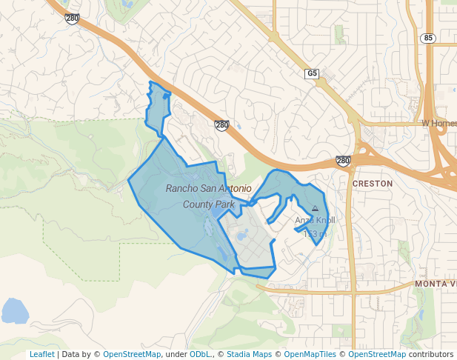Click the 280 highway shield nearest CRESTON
(342, 161)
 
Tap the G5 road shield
(312, 73)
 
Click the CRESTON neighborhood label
(373, 183)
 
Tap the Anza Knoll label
(315, 221)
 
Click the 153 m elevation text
(315, 234)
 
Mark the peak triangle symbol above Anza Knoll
(316, 209)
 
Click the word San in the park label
(208, 188)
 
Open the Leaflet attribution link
(41, 354)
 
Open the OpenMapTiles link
(310, 354)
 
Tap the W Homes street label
(438, 123)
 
